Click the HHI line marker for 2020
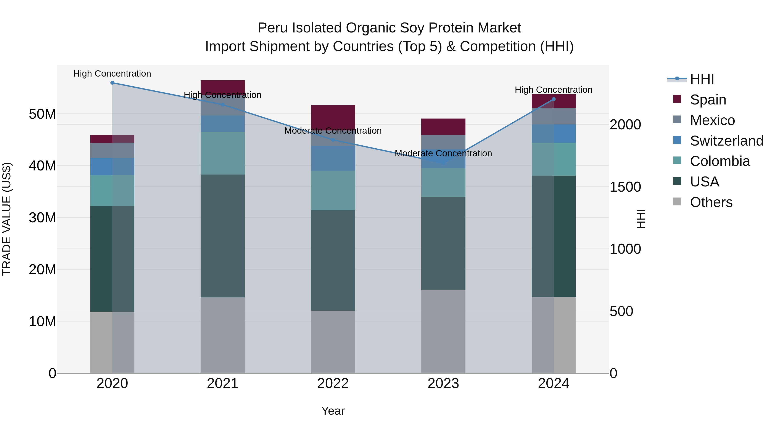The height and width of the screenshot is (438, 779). point(112,83)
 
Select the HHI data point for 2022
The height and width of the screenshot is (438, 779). point(333,140)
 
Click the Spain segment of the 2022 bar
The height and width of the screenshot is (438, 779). point(333,117)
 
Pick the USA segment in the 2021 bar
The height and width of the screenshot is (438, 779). point(223,236)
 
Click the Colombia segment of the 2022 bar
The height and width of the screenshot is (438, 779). point(333,190)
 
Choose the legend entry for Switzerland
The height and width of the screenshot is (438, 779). point(726,141)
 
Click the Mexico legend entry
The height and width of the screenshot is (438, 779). point(712,120)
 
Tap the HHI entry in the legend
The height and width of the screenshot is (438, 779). point(702,79)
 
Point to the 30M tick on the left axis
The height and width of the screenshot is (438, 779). point(42,218)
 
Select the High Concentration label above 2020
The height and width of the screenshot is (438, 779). point(112,74)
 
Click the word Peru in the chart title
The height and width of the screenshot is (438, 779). point(273,28)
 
